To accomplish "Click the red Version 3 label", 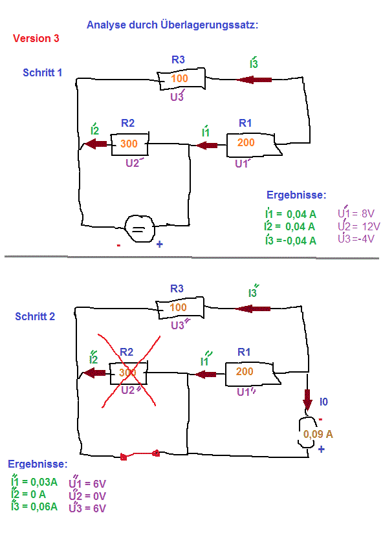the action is [x=36, y=38].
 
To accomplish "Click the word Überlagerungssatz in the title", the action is [x=209, y=25].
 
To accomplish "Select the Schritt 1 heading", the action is [x=43, y=72].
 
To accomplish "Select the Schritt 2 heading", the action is [x=35, y=316].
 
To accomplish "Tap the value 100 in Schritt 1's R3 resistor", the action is [x=179, y=78].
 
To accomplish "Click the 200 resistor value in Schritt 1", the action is [x=246, y=142].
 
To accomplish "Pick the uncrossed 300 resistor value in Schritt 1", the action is [x=129, y=144].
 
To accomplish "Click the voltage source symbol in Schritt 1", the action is [x=139, y=229].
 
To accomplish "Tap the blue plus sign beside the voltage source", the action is [x=159, y=244].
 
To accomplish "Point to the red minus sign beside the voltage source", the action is [x=118, y=245].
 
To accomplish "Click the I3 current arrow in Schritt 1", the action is [x=254, y=80].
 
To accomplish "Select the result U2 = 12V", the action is [x=359, y=226].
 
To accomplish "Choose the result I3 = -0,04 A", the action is [x=290, y=241].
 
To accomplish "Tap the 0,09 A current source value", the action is [x=318, y=434].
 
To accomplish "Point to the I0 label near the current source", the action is [x=323, y=402].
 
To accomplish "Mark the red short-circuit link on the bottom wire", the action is [x=140, y=455].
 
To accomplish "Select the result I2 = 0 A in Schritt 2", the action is [x=28, y=494].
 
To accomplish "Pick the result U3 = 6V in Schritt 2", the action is [x=87, y=508].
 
